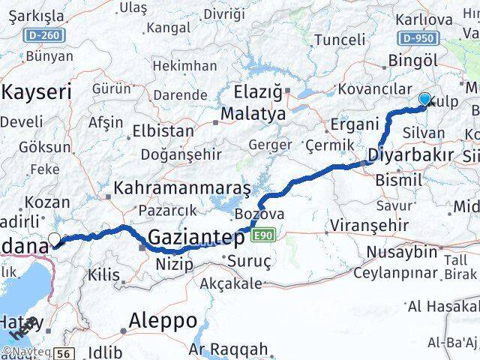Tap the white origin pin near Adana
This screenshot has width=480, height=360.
55,240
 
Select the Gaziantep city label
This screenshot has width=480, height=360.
196,238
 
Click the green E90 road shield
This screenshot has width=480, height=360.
261,236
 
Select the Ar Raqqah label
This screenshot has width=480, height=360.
228,349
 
